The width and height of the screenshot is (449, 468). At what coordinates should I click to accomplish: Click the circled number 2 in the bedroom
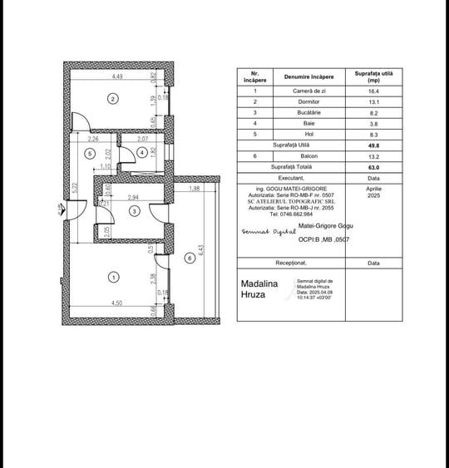[x=113, y=99]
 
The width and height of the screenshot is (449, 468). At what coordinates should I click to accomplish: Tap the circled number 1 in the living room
[x=114, y=277]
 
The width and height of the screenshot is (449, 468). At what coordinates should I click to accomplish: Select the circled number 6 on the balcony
[x=190, y=259]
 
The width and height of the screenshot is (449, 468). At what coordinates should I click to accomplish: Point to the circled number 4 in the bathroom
[x=142, y=153]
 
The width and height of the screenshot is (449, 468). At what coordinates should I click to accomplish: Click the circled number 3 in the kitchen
[x=134, y=212]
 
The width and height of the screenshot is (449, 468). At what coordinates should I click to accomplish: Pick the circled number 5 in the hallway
[x=88, y=153]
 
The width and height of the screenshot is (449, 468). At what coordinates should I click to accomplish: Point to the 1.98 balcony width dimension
[x=194, y=190]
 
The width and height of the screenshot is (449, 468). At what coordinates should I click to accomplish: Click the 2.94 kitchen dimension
[x=133, y=198]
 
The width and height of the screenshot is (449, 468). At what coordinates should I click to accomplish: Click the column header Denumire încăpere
[x=309, y=76]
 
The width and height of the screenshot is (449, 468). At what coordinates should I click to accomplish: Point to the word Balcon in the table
[x=308, y=155]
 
